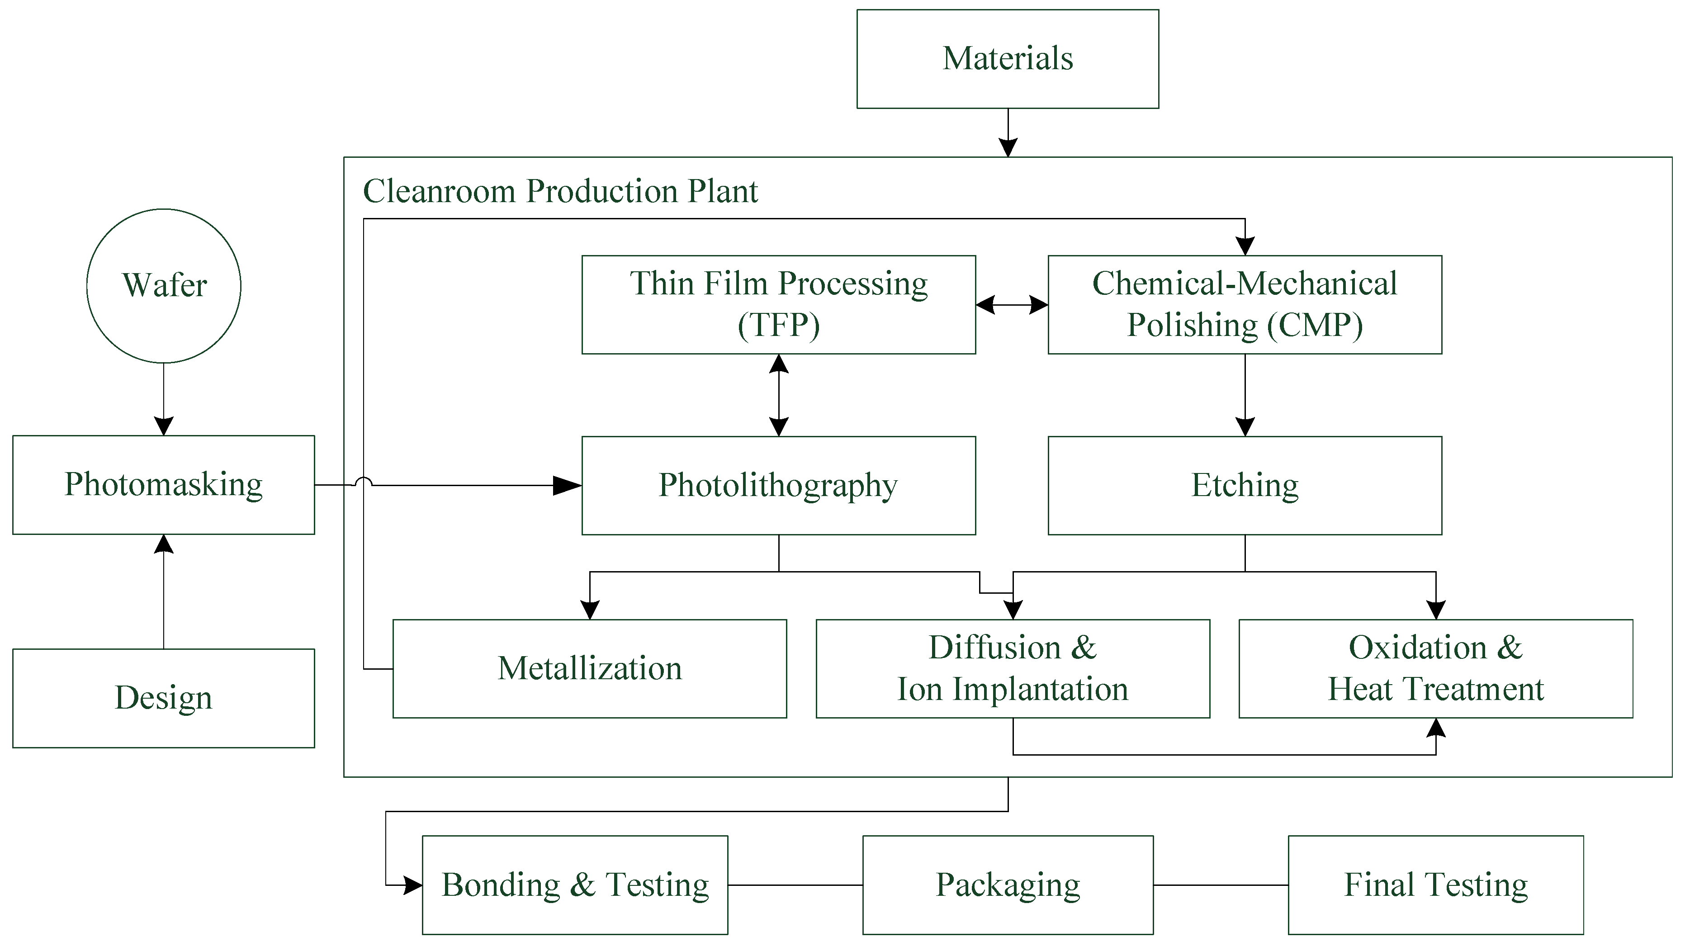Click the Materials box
[x=1008, y=59]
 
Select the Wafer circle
[x=164, y=286]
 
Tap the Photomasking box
[x=164, y=485]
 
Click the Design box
[x=164, y=698]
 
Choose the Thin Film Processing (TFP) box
[x=778, y=305]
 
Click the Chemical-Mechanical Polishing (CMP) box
[x=1244, y=305]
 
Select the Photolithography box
[x=778, y=485]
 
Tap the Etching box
[x=1244, y=485]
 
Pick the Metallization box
[x=589, y=669]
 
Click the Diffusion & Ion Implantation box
[x=1013, y=669]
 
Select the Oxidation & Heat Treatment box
[x=1435, y=669]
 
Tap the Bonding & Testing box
[x=575, y=885]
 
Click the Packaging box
[x=1008, y=885]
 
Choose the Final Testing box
[x=1435, y=885]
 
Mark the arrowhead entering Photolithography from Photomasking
[x=567, y=485]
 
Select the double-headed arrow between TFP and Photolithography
[x=778, y=395]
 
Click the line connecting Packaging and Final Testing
[x=1220, y=885]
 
